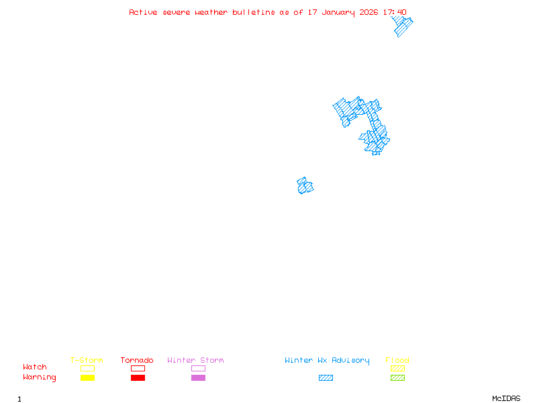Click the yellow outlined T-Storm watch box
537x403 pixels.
(87, 368)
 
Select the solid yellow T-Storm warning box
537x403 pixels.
(87, 378)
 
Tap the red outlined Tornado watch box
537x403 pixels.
(138, 368)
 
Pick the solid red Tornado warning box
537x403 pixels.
(138, 378)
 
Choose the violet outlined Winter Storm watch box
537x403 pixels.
(198, 368)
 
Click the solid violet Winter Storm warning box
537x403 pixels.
(198, 378)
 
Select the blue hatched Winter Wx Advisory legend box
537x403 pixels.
(326, 378)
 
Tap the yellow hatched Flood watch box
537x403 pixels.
(397, 368)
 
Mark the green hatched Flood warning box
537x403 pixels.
(397, 378)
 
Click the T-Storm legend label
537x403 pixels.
(87, 360)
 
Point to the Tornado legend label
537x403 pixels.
(137, 360)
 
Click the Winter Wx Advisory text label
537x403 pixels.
(327, 360)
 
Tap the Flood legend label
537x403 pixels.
(397, 360)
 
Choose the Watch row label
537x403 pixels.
(35, 367)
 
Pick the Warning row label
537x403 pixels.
(40, 377)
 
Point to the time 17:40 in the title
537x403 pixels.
(394, 12)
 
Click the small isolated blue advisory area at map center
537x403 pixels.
(305, 186)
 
